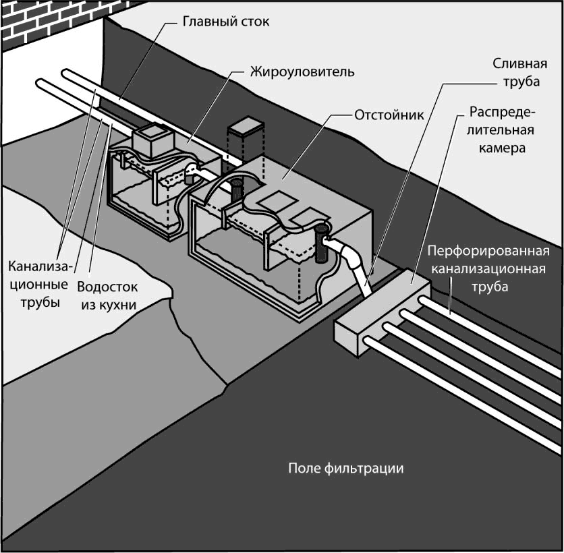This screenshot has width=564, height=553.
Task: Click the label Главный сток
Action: [x=226, y=22]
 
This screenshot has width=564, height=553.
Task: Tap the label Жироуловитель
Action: [x=302, y=72]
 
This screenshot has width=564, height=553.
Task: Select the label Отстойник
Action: [x=389, y=115]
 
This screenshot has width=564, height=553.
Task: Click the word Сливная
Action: [x=519, y=63]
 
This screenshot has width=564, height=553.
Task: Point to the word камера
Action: [x=502, y=148]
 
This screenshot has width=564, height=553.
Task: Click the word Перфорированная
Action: [x=488, y=251]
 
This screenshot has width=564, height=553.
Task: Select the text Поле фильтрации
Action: [x=345, y=469]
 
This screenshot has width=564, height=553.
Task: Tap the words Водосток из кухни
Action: [x=107, y=296]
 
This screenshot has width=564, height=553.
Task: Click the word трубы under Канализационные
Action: [x=40, y=302]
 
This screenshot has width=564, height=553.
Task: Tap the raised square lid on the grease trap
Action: [x=154, y=140]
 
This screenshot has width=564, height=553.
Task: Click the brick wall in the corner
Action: [x=54, y=22]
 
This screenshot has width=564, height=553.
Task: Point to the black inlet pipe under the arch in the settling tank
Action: [x=236, y=190]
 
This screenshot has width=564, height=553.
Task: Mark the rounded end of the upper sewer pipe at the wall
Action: [x=66, y=74]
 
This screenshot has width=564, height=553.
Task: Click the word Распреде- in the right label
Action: [x=502, y=112]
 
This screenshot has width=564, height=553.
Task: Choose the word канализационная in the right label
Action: [x=488, y=268]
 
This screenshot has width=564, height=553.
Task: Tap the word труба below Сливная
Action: [x=521, y=82]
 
